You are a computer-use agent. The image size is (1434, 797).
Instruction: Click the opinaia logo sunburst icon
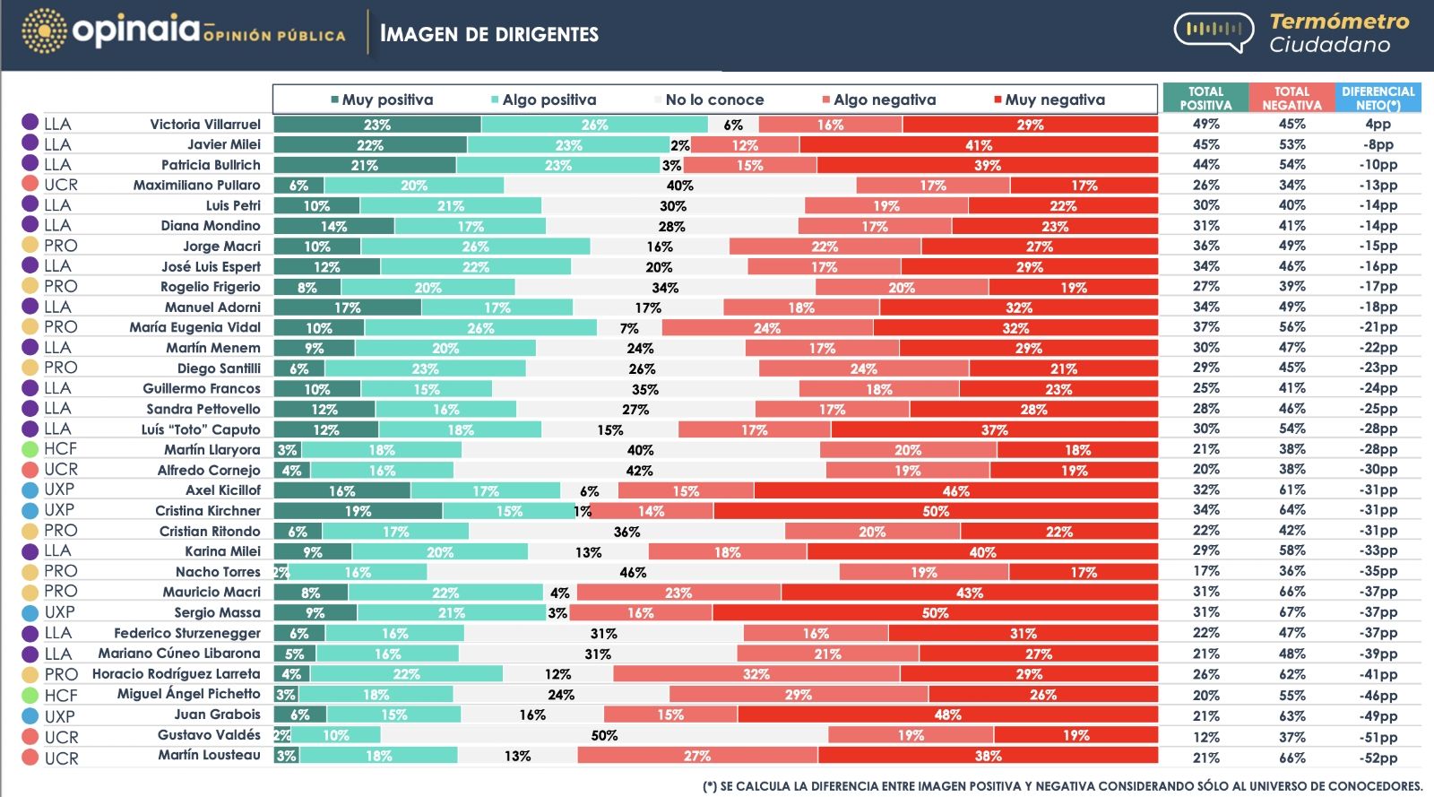pyautogui.click(x=44, y=31)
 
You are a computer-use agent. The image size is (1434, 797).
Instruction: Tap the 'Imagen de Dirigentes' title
pyautogui.click(x=488, y=34)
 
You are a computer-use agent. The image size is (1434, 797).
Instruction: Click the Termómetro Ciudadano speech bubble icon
pyautogui.click(x=1214, y=31)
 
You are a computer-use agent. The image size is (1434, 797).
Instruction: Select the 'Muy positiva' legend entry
pyautogui.click(x=386, y=100)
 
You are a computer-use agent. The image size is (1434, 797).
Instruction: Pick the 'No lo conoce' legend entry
pyautogui.click(x=713, y=100)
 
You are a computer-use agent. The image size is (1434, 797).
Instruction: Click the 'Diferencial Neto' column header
pyautogui.click(x=1378, y=98)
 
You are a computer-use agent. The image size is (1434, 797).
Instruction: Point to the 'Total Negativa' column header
pyautogui.click(x=1291, y=98)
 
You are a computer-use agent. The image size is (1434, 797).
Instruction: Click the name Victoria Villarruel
pyautogui.click(x=205, y=125)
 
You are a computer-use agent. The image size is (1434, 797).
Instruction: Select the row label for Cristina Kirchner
pyautogui.click(x=208, y=511)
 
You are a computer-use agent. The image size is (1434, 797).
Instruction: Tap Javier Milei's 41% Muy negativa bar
pyautogui.click(x=979, y=145)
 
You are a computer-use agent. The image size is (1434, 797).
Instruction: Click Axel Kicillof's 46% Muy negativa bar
pyautogui.click(x=955, y=491)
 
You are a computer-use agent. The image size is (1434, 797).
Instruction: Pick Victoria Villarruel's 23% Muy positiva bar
pyautogui.click(x=377, y=125)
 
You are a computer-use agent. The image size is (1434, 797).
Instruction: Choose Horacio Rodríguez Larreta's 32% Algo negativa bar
pyautogui.click(x=756, y=674)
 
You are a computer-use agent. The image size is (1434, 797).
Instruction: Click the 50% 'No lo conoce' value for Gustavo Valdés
pyautogui.click(x=604, y=735)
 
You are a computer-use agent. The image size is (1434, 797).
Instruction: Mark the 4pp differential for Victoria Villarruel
pyautogui.click(x=1378, y=125)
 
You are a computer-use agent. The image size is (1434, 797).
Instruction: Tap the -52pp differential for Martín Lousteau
pyautogui.click(x=1378, y=758)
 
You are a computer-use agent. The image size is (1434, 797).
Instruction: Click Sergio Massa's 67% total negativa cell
pyautogui.click(x=1291, y=612)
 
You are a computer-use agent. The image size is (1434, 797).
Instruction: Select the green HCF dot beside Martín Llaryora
pyautogui.click(x=30, y=449)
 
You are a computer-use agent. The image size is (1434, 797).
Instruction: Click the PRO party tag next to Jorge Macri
pyautogui.click(x=60, y=246)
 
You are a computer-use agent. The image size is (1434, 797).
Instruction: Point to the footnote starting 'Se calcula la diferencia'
pyautogui.click(x=1062, y=786)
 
